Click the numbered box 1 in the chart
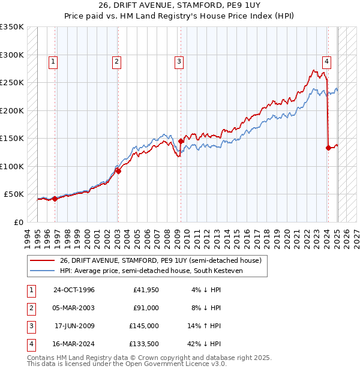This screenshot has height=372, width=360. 53,61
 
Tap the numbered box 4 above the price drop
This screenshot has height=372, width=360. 326,61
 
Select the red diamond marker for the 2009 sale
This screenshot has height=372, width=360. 181,142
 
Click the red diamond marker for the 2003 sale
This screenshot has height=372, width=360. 118,171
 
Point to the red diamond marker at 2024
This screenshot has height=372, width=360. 328,148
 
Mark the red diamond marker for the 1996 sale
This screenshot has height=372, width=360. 55,199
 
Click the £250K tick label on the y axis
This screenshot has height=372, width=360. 12,83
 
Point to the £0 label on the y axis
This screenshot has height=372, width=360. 18,222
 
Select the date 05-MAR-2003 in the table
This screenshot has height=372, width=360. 74,308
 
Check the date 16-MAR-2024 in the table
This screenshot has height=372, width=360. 74,344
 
